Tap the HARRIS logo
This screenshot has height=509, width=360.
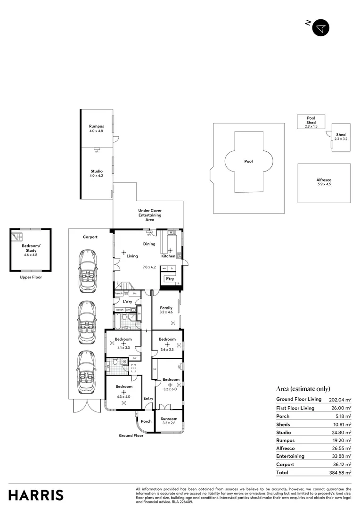click(x=36, y=495)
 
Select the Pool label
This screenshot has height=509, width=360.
click(x=248, y=161)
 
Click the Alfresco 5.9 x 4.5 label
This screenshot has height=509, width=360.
click(x=324, y=182)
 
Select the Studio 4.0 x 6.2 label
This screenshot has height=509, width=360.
click(x=97, y=173)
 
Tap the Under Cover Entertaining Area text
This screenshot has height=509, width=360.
click(x=150, y=214)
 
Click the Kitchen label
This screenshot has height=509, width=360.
click(x=169, y=256)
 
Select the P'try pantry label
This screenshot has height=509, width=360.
click(x=169, y=279)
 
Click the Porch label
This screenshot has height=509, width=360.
click(x=146, y=421)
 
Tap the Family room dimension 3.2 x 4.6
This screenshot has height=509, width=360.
click(x=166, y=312)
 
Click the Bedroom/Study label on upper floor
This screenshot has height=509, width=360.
click(x=31, y=248)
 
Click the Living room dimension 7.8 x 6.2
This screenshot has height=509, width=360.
click(x=149, y=267)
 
